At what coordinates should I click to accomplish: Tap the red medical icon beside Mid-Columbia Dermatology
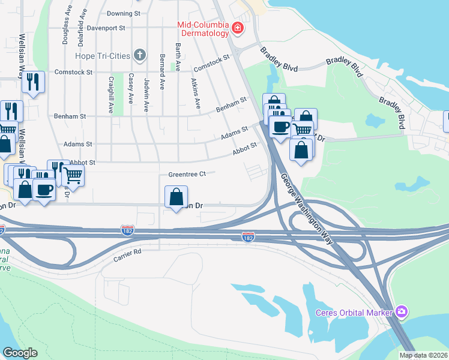(x=238, y=28)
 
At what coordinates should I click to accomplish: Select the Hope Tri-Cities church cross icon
(x=140, y=56)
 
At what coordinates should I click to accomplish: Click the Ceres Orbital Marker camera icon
(x=402, y=312)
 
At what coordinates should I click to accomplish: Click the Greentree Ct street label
(x=187, y=175)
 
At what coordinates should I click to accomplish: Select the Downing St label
(x=123, y=13)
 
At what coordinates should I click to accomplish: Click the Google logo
(x=20, y=352)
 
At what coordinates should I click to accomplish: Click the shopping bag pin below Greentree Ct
(x=176, y=197)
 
